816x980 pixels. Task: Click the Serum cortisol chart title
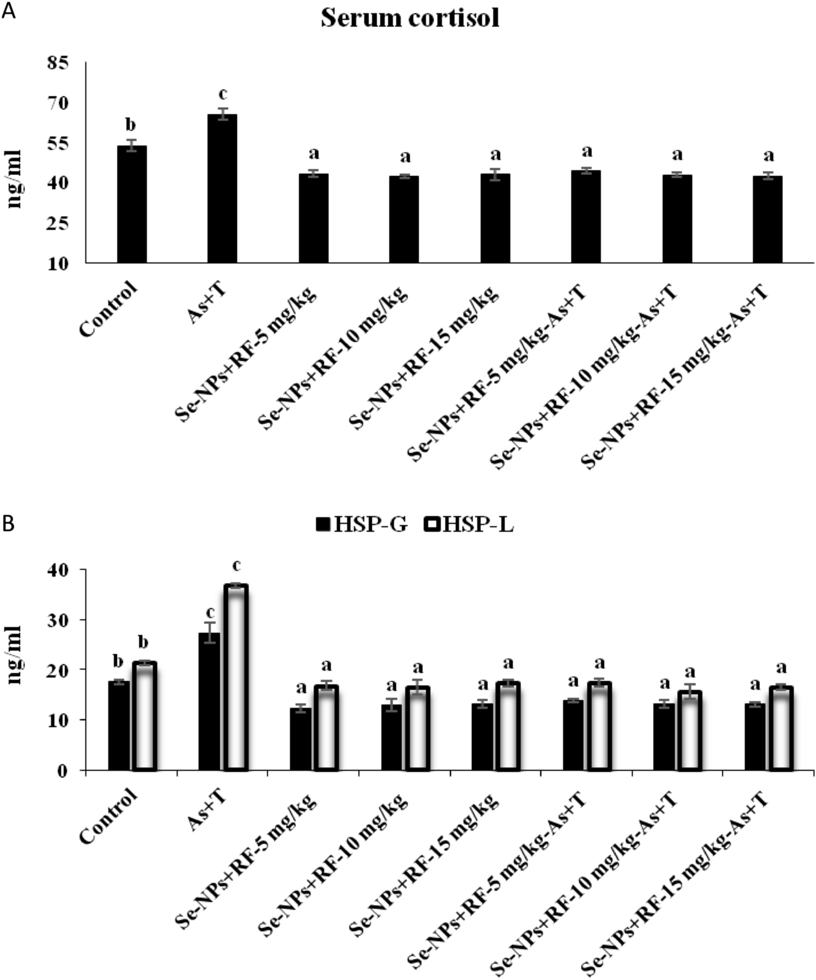pos(409,18)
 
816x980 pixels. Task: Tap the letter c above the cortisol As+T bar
pos(222,94)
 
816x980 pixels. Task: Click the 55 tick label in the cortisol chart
pos(59,144)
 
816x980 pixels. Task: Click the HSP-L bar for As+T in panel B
pos(237,677)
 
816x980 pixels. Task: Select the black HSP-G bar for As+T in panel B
pos(209,702)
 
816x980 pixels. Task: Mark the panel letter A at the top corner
pos(9,10)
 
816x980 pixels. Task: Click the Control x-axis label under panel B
pos(109,815)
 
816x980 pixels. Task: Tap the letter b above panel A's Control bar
pos(131,125)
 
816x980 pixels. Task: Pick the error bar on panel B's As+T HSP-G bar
pos(209,633)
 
